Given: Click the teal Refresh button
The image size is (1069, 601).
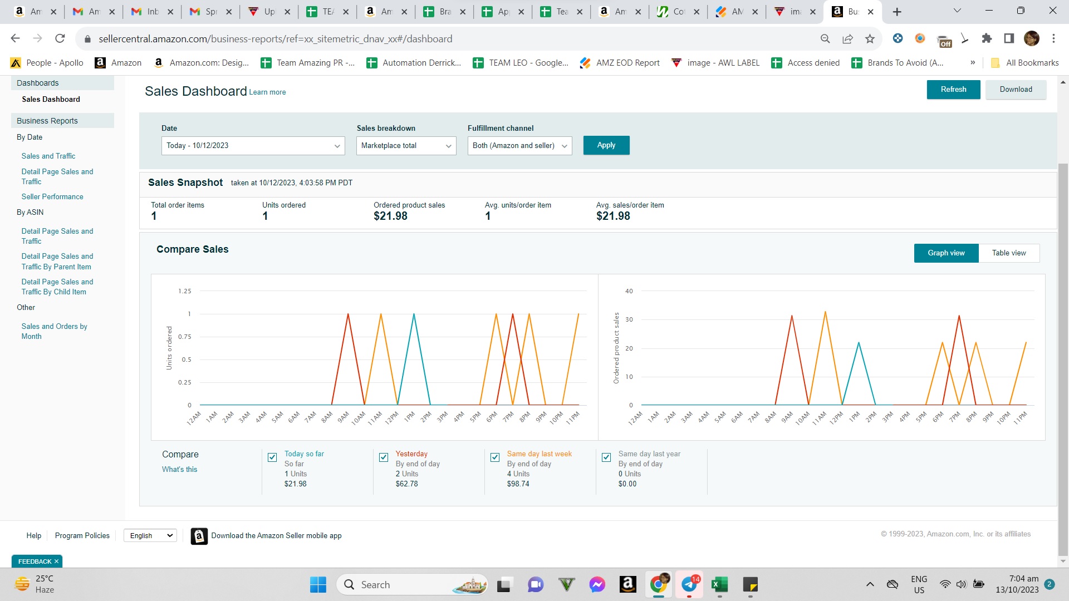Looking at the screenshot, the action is tap(953, 90).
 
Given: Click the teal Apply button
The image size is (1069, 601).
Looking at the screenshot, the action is tap(606, 145).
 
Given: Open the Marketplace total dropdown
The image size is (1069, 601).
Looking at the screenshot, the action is tap(406, 146).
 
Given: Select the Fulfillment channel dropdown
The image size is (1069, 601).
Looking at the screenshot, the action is tap(520, 146).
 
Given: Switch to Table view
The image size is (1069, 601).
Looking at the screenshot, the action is tap(1009, 253).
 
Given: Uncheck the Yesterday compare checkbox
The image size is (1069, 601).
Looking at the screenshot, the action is tap(384, 457).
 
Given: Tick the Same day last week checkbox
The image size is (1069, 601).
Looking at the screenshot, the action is tap(495, 457).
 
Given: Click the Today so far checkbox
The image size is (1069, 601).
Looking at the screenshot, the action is tap(272, 457).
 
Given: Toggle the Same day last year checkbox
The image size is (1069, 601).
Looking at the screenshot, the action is tap(606, 457).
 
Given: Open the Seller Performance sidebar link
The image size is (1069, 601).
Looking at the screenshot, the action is tap(52, 197).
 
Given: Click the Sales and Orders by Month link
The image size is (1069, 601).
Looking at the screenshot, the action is tap(55, 332).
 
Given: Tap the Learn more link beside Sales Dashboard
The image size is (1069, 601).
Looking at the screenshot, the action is tap(267, 92).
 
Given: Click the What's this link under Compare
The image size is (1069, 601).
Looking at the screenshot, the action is tap(179, 470).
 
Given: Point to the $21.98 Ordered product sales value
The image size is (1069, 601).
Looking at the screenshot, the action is tap(390, 216).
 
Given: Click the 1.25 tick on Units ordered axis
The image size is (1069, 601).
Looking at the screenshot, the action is tap(184, 292).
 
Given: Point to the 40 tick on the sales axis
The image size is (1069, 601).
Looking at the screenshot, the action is tap(629, 292).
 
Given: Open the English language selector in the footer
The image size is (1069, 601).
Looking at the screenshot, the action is tap(150, 536).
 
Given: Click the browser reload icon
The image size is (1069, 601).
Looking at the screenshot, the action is tap(60, 38).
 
